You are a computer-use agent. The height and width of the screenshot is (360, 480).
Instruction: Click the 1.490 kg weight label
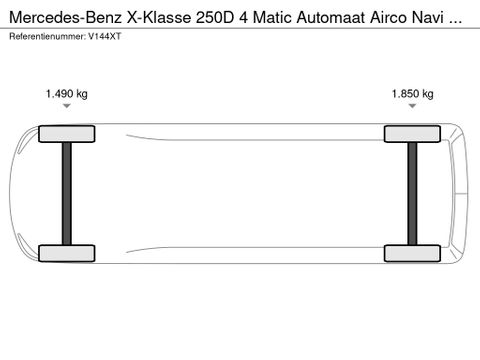tap(67, 94)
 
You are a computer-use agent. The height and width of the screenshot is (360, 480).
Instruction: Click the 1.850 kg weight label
tap(412, 94)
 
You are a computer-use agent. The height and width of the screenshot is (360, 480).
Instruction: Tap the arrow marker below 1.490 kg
tap(67, 106)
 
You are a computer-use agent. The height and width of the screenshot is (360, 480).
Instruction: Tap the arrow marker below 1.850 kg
tap(412, 106)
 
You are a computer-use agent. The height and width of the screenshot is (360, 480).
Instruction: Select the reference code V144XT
tap(102, 37)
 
